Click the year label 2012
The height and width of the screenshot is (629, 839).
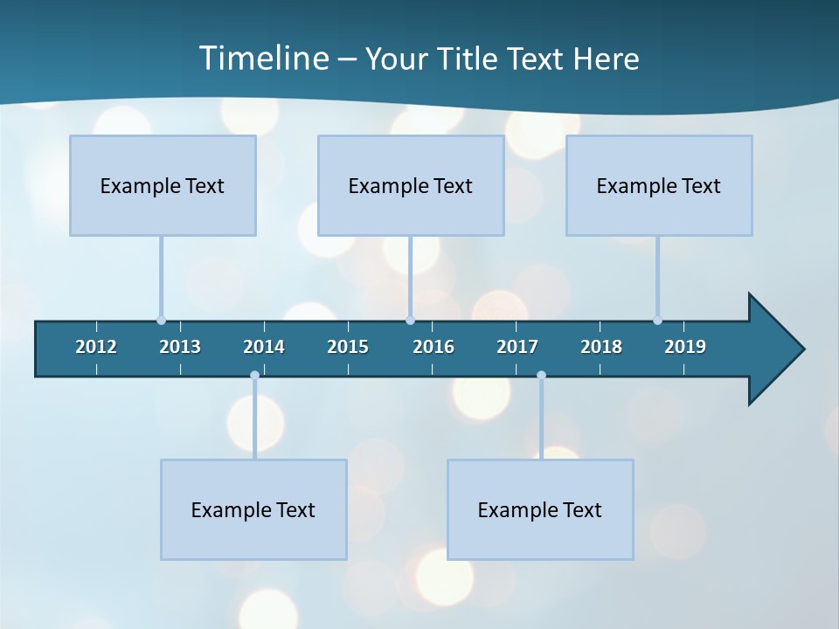[x=96, y=347]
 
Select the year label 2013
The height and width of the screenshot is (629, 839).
[x=180, y=347]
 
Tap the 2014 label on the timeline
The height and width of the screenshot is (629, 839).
[x=264, y=347]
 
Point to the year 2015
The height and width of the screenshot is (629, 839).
[x=348, y=347]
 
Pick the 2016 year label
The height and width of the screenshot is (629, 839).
[x=433, y=347]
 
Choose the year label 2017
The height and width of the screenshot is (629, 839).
[x=517, y=347]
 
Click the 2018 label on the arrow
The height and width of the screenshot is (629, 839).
[x=601, y=347]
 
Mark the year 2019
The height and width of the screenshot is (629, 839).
[x=685, y=347]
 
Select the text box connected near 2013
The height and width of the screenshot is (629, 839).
[x=163, y=185]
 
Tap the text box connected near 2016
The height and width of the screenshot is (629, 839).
[x=411, y=185]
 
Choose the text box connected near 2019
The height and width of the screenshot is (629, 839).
[x=659, y=185]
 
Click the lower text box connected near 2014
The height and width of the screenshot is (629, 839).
[x=253, y=509]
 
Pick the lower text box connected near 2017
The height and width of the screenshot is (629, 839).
[x=540, y=509]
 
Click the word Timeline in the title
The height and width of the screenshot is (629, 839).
[x=263, y=59]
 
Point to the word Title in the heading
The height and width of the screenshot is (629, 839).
[x=473, y=59]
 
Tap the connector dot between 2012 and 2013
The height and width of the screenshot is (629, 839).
[x=161, y=321]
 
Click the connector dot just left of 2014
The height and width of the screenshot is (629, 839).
[x=254, y=376]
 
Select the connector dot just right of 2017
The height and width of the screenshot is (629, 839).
[x=541, y=376]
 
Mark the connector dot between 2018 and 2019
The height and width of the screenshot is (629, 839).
[x=657, y=321]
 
